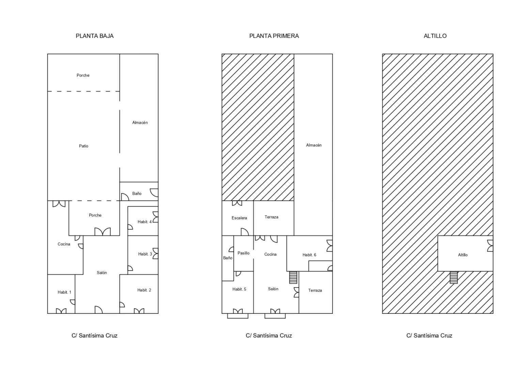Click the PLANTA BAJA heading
click(94, 36)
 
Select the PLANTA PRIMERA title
click(274, 36)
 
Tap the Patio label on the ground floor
click(83, 146)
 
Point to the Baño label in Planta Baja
click(137, 193)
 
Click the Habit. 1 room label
click(64, 292)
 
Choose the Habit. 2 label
click(144, 290)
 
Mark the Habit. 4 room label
click(144, 222)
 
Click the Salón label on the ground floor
click(102, 273)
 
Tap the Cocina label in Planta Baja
click(64, 244)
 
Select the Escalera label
click(239, 218)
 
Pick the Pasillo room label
click(244, 253)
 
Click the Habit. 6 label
click(309, 255)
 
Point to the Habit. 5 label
click(239, 289)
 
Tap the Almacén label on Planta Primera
click(314, 145)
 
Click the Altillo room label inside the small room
click(463, 255)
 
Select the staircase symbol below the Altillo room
click(454, 277)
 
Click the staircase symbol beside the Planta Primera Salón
click(293, 277)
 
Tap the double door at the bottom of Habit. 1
click(61, 311)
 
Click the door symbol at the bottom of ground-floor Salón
click(98, 310)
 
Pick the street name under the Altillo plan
click(429, 336)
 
